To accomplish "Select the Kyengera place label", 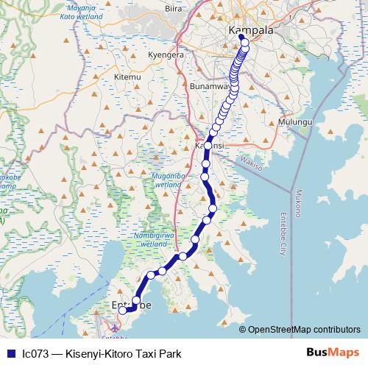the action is point(166,55).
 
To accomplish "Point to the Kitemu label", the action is point(127,77).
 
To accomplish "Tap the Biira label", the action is point(174,10).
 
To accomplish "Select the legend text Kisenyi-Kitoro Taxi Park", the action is point(123,353).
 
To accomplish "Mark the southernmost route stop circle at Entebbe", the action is point(123,311).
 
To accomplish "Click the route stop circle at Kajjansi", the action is point(208,146).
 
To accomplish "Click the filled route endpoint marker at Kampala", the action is point(241,37).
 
